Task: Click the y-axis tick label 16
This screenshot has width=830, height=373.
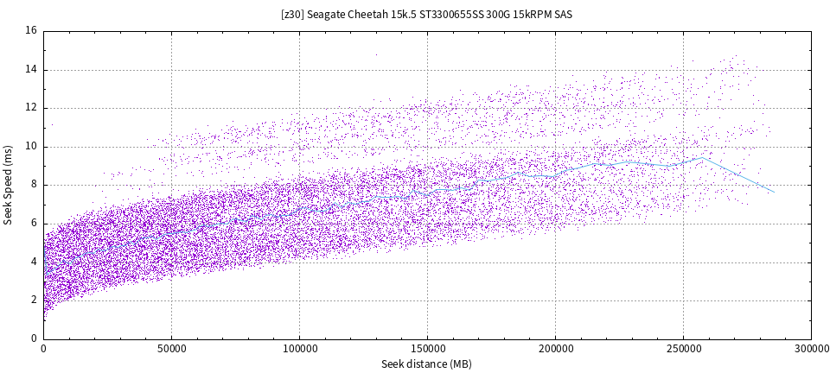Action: click(x=31, y=31)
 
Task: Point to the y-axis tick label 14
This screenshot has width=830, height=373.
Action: click(x=31, y=69)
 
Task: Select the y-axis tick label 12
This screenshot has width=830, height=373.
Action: click(x=31, y=108)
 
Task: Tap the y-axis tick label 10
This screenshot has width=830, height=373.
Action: click(x=31, y=146)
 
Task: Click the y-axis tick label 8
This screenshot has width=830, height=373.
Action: click(x=33, y=185)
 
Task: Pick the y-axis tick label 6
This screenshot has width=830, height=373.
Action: click(x=33, y=224)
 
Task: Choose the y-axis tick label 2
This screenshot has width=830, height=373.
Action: click(x=33, y=300)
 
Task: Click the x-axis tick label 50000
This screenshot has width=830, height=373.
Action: click(x=171, y=350)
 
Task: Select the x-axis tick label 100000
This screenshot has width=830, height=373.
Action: click(x=299, y=350)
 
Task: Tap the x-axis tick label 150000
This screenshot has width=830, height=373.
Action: click(x=427, y=350)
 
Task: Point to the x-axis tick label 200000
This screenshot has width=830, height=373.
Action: click(x=555, y=350)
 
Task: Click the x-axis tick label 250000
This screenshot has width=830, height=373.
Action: click(x=683, y=350)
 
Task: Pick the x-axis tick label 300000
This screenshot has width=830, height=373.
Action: click(x=811, y=350)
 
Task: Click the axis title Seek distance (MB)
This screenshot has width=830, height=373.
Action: click(x=426, y=364)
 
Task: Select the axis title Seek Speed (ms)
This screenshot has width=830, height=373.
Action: click(x=8, y=186)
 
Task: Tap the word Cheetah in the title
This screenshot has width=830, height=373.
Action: click(x=375, y=15)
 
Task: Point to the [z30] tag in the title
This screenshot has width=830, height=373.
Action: click(x=294, y=15)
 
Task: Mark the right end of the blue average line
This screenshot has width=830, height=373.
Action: click(x=773, y=191)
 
